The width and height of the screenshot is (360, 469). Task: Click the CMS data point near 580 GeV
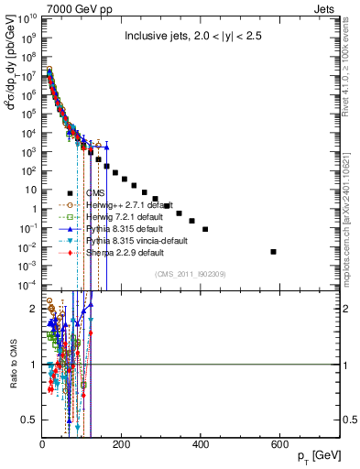pos(274,251)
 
